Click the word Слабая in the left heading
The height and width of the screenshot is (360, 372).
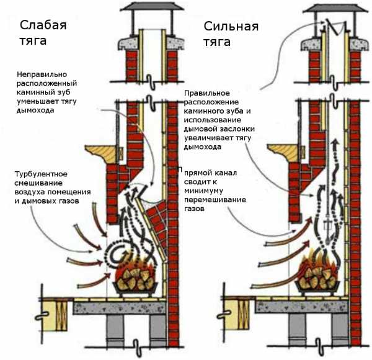pos(43,25)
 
